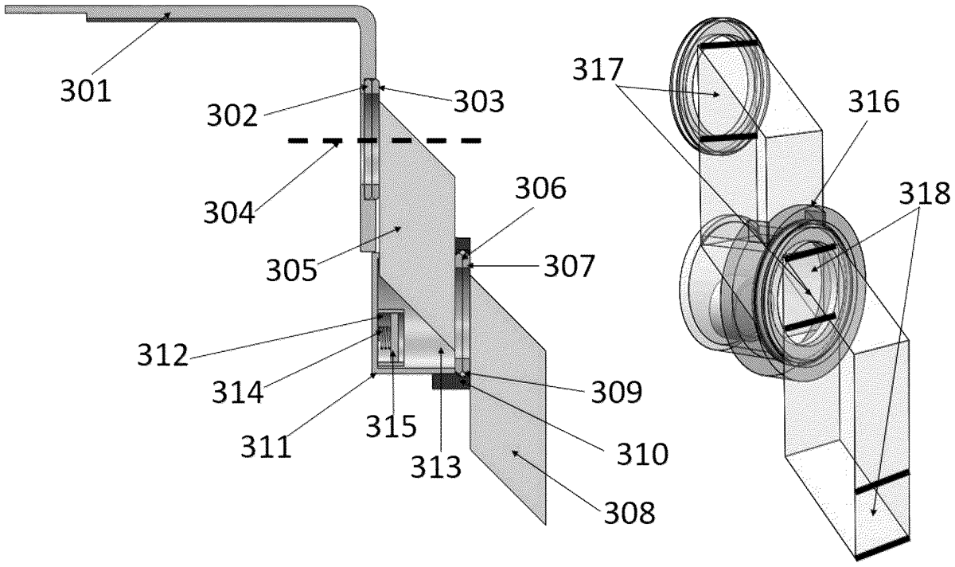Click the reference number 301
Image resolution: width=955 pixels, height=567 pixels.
coord(86,91)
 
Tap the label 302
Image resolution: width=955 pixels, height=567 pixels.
coord(232,115)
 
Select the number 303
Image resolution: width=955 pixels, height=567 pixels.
coord(479,102)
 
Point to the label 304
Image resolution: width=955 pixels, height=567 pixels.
coord(229,212)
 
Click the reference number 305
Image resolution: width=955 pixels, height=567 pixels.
coord(292,270)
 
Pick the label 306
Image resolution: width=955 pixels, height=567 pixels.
coord(540,188)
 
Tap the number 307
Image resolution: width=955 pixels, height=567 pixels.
coord(569,266)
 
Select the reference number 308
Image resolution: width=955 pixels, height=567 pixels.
coord(630,512)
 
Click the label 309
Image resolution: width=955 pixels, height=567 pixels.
coord(617,392)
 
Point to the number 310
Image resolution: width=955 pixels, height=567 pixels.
coord(642,453)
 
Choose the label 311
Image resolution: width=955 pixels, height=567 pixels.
coord(267,447)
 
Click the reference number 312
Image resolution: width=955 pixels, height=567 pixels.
coord(162,354)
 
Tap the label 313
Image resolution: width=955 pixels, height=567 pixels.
coord(436,467)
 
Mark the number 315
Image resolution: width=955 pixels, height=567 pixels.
coord(392,426)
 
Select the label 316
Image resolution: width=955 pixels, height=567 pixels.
coord(874,102)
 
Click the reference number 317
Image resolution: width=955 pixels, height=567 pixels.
coord(598,69)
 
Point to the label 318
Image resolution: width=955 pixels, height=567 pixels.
coord(925,193)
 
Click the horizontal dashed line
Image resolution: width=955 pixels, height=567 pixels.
coord(385,140)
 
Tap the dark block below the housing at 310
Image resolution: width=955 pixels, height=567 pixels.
coord(451,381)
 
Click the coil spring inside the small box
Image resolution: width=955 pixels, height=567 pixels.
coord(385,337)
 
